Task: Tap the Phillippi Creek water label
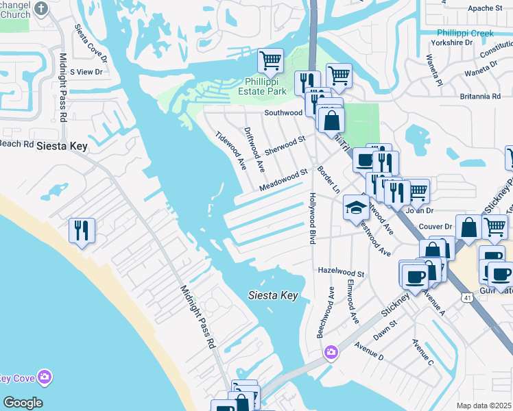click(465, 33)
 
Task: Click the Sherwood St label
click(285, 145)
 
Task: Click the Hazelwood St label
click(341, 272)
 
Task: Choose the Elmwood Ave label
click(353, 302)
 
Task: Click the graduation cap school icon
click(356, 208)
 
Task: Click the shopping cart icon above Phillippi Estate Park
click(270, 60)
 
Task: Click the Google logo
click(23, 403)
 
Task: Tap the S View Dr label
click(86, 71)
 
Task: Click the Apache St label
click(485, 8)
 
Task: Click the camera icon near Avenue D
click(331, 351)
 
